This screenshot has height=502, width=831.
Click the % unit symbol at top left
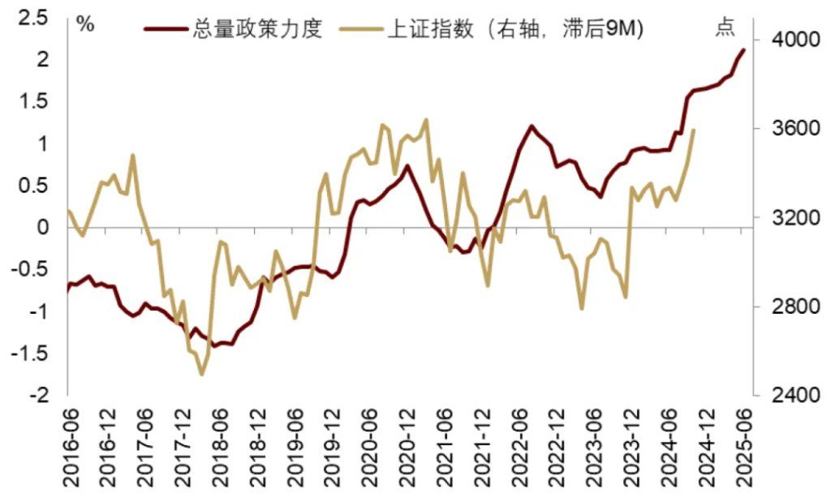(84, 24)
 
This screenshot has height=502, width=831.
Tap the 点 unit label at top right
(725, 29)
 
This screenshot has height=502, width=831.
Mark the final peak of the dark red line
(743, 50)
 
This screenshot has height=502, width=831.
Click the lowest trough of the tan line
(202, 374)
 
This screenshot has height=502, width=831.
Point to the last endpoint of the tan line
(694, 130)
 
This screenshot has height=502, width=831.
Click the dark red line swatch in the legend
(166, 30)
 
